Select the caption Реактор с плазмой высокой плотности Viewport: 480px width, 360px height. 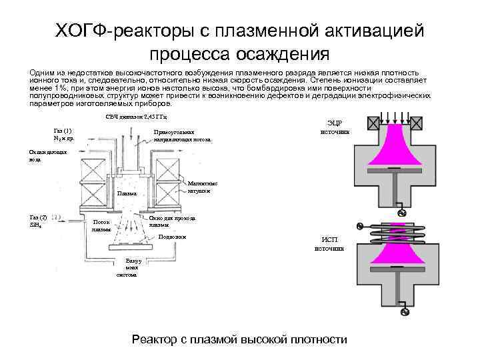point(239,340)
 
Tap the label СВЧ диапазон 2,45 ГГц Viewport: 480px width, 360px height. point(141,117)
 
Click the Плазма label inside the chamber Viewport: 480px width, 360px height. point(126,193)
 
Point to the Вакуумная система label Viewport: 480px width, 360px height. point(127,267)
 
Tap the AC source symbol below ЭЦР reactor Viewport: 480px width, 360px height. point(402,213)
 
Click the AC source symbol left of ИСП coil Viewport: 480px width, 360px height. point(361,226)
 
